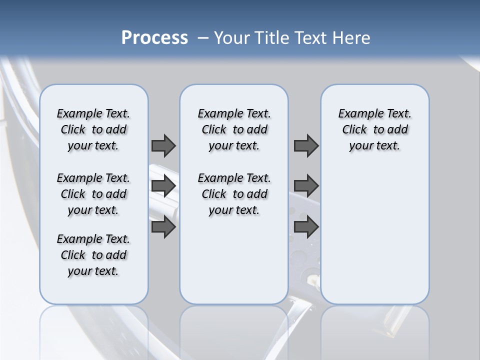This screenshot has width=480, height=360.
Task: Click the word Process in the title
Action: click(x=154, y=38)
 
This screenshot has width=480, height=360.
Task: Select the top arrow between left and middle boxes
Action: click(x=163, y=145)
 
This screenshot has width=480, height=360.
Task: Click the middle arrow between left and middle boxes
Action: click(x=163, y=186)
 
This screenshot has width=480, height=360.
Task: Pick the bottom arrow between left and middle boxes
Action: click(x=163, y=227)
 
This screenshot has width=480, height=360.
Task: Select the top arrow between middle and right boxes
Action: click(x=306, y=145)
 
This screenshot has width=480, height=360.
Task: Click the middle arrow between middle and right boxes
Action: click(x=306, y=186)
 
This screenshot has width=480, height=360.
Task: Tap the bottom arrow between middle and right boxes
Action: click(x=306, y=227)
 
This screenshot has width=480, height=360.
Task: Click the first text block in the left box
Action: click(x=93, y=129)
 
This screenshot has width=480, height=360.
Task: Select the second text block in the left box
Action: click(x=93, y=194)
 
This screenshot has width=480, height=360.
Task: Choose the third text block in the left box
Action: click(x=93, y=255)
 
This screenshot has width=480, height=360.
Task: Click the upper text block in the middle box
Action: click(x=234, y=129)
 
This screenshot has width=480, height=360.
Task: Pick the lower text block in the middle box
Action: click(x=234, y=194)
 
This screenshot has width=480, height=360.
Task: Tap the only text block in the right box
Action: click(x=374, y=129)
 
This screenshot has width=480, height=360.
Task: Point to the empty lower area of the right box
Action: click(x=374, y=235)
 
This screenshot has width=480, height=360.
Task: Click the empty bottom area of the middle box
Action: click(x=234, y=265)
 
